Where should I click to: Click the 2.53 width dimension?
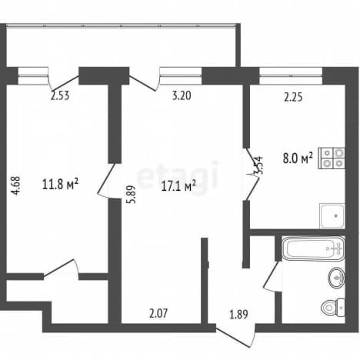pyautogui.click(x=60, y=95)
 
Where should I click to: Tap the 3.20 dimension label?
pyautogui.click(x=182, y=95)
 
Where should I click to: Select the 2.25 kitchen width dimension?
pyautogui.click(x=293, y=97)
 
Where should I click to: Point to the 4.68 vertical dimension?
pyautogui.click(x=16, y=186)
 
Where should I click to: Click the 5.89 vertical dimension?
pyautogui.click(x=132, y=195)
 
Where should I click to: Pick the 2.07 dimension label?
pyautogui.click(x=158, y=313)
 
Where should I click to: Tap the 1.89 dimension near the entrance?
pyautogui.click(x=238, y=315)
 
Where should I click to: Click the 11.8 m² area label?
pyautogui.click(x=60, y=185)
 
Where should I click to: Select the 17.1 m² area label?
pyautogui.click(x=178, y=186)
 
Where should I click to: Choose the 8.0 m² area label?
pyautogui.click(x=298, y=158)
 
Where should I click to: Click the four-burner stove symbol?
pyautogui.click(x=332, y=158)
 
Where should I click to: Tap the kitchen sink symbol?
pyautogui.click(x=332, y=216)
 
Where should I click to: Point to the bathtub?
pyautogui.click(x=313, y=248)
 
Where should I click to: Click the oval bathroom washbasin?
pyautogui.click(x=336, y=278)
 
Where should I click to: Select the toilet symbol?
pyautogui.click(x=333, y=308)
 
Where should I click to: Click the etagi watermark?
pyautogui.click(x=178, y=175)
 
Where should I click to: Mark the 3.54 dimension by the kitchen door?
pyautogui.click(x=259, y=165)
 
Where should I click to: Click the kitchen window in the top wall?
pyautogui.click(x=291, y=76)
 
